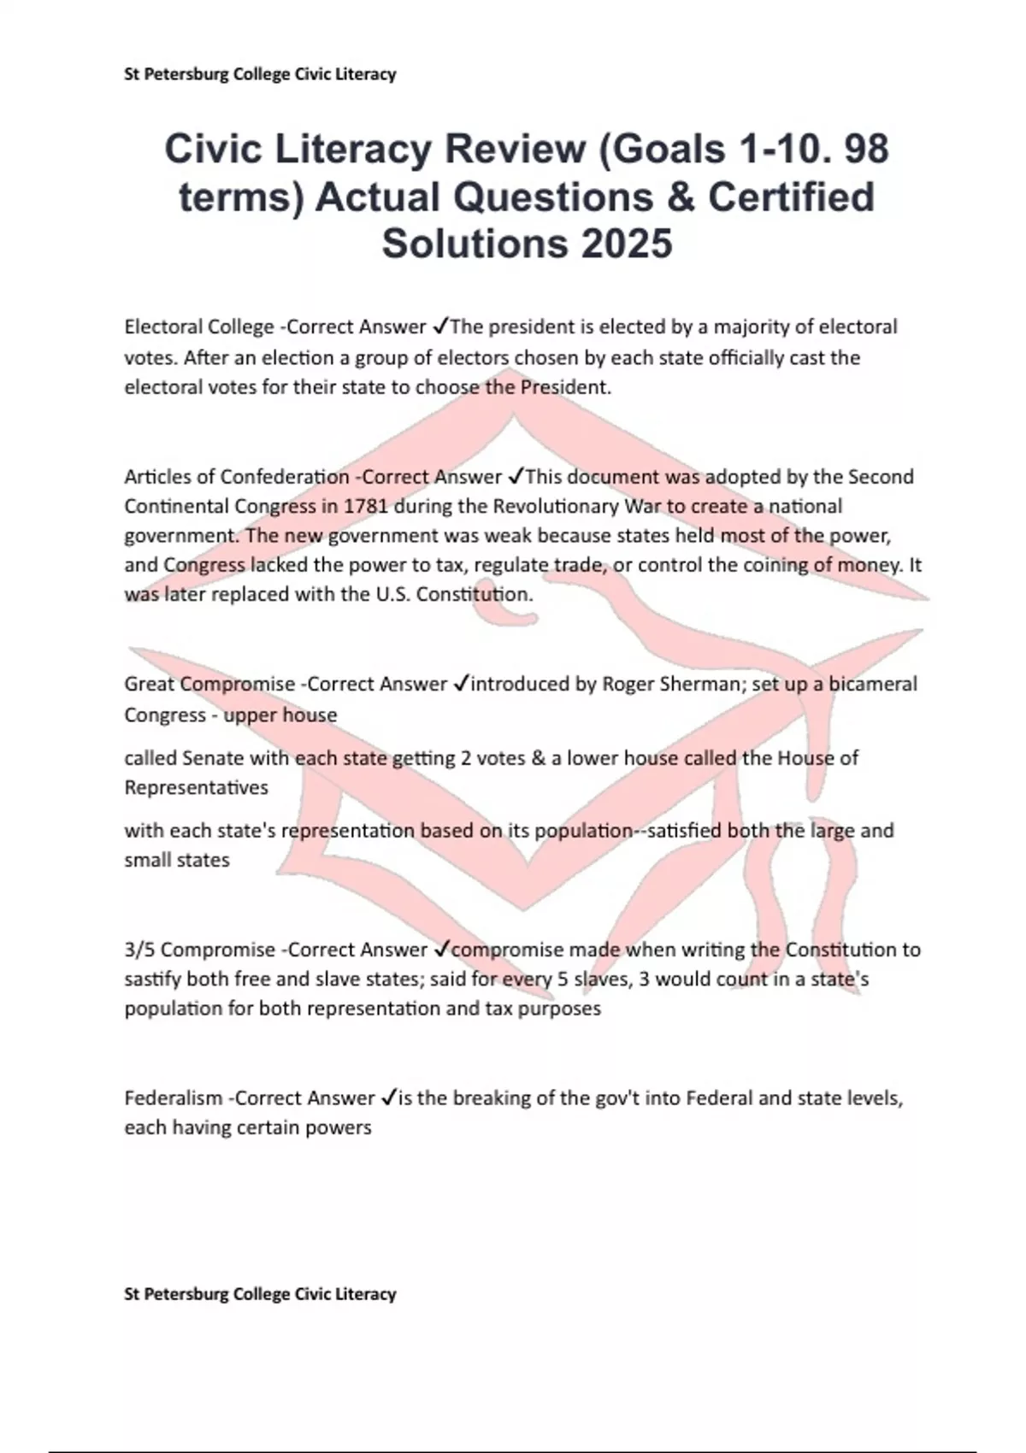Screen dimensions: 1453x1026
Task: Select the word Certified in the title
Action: (x=791, y=197)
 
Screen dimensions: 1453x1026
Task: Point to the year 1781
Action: (x=366, y=506)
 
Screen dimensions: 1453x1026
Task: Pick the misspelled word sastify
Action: (x=153, y=979)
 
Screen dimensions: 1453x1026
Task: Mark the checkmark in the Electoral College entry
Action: (x=440, y=326)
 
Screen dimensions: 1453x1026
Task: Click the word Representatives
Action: (x=196, y=787)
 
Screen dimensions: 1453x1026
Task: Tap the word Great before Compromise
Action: (x=150, y=684)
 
